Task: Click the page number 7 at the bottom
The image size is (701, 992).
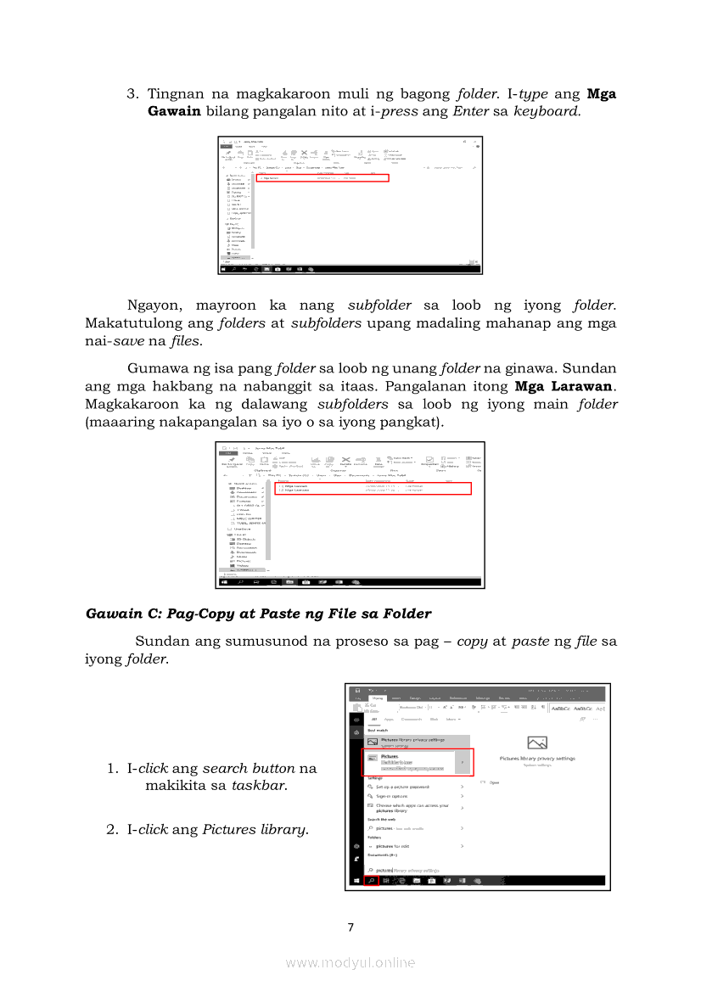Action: click(350, 928)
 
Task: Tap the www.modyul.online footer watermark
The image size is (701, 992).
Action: click(350, 962)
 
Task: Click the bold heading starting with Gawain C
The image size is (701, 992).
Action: click(259, 614)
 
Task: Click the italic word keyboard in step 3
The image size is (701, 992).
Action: click(547, 111)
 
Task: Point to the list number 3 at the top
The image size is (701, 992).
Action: click(132, 94)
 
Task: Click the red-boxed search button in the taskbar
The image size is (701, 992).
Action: click(371, 880)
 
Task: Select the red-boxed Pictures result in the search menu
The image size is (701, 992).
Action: click(417, 762)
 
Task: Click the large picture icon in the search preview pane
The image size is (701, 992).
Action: click(536, 743)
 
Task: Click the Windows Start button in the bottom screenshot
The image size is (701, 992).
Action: click(356, 880)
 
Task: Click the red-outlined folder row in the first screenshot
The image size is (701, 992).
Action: click(322, 178)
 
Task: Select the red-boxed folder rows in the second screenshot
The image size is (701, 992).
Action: click(373, 488)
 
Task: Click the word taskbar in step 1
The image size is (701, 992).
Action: click(260, 786)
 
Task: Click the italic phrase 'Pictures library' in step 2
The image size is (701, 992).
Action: click(255, 829)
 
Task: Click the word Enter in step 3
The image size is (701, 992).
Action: click(470, 111)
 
